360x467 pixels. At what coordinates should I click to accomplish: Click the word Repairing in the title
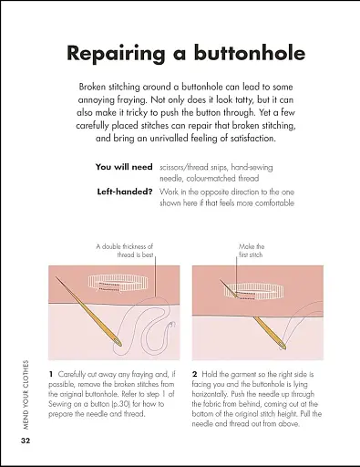[x=116, y=54]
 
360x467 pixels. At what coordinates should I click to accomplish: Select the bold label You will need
[x=124, y=167]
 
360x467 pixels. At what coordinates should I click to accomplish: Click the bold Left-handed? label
[x=125, y=192]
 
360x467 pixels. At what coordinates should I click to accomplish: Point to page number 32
[x=26, y=441]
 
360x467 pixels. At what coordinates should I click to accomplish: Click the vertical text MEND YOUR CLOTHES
[x=26, y=395]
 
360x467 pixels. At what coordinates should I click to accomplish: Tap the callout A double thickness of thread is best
[x=125, y=251]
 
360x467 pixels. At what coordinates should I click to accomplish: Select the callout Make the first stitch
[x=252, y=251]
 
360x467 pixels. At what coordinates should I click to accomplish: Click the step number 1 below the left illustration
[x=51, y=374]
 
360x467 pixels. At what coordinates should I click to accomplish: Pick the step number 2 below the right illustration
[x=195, y=374]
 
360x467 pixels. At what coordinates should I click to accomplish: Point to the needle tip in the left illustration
[x=56, y=276]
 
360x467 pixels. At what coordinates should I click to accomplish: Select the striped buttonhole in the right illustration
[x=254, y=291]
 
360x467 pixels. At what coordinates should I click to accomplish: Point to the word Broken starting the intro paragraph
[x=92, y=87]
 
